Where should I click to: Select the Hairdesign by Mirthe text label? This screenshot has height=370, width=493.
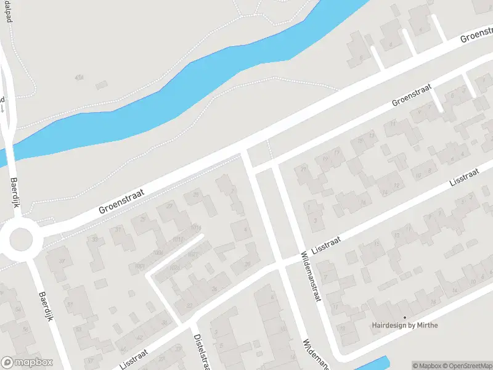[404, 325]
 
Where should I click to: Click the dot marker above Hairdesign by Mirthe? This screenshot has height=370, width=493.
[405, 318]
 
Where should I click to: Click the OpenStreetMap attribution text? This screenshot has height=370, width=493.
[468, 366]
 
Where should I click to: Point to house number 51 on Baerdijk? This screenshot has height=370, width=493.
[70, 305]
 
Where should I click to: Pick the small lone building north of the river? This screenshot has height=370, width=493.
[102, 84]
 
